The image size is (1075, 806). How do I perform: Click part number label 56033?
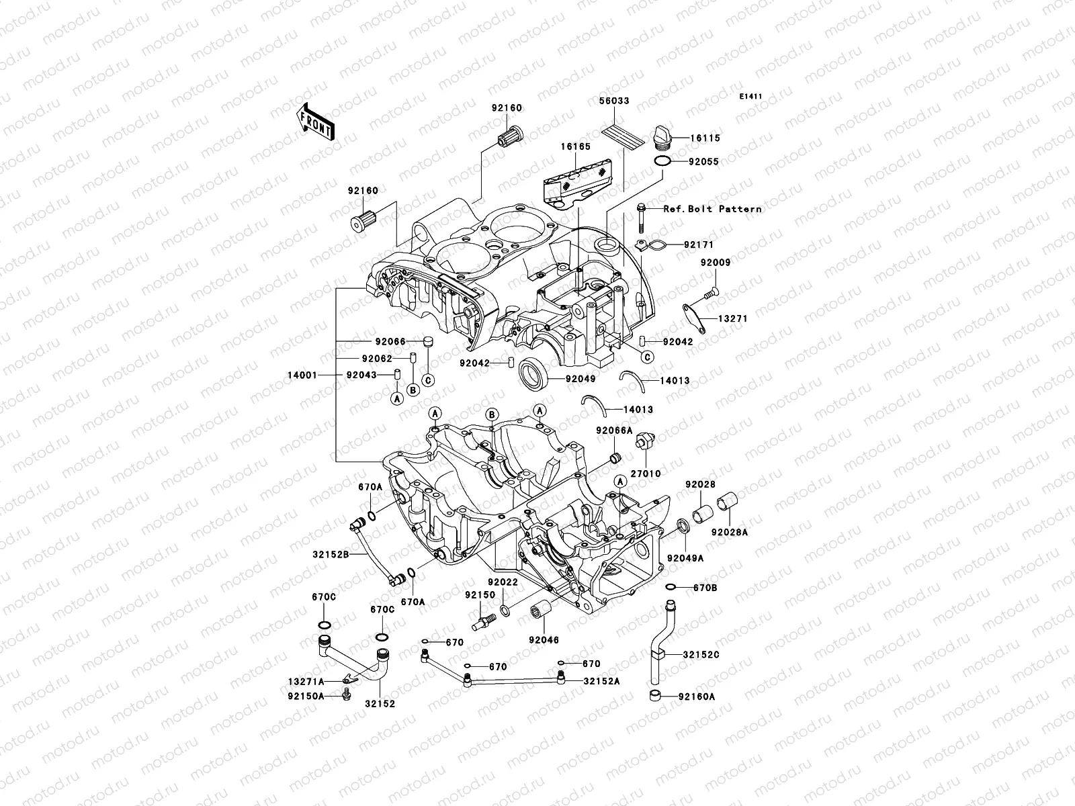[614, 101]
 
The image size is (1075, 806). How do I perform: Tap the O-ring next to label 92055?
[662, 162]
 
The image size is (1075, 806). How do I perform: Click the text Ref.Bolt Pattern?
[712, 209]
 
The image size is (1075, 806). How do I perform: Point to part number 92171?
[699, 245]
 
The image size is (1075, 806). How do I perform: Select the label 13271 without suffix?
[732, 318]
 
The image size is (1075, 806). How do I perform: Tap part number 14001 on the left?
[302, 375]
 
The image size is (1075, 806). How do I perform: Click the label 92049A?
[685, 558]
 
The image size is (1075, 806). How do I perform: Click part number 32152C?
[701, 654]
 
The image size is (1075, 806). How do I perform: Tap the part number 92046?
[543, 640]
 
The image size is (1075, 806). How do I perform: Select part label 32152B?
[330, 555]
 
